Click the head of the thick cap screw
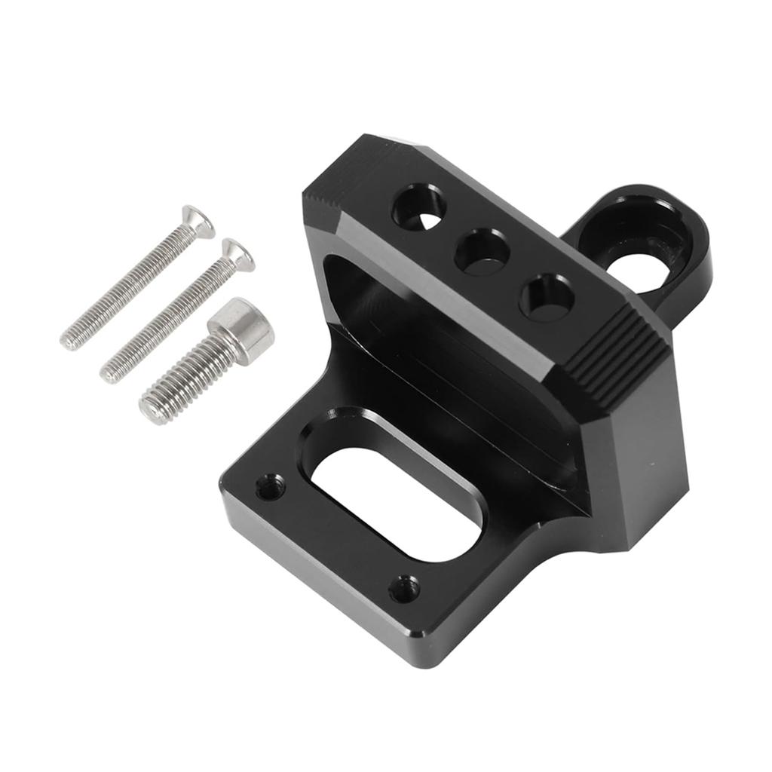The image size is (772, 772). pos(241,328)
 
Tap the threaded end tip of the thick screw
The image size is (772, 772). pos(152,410)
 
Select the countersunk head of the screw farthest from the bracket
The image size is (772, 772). pos(200,220)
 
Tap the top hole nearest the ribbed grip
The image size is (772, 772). pos(547,297)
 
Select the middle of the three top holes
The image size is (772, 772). pos(482,252)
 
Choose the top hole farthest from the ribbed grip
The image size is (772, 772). pos(418,207)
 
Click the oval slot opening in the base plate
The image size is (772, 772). pos(396,501)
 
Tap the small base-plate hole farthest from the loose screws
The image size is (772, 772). pos(406,588)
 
